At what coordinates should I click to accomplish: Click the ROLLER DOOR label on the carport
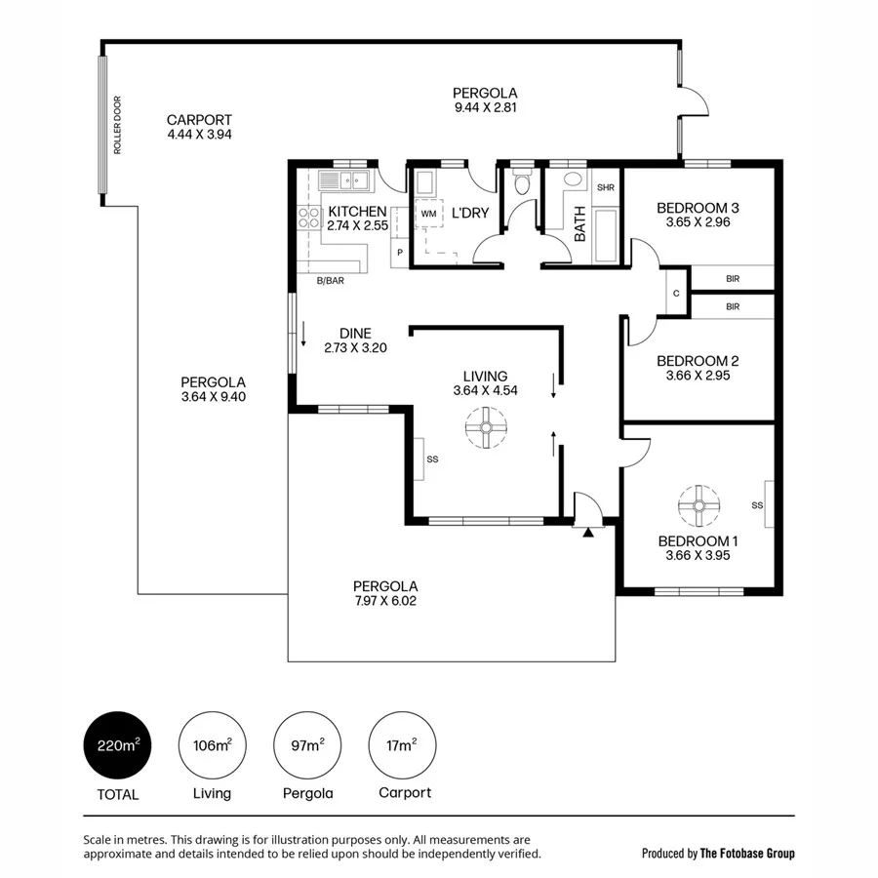pyautogui.click(x=117, y=125)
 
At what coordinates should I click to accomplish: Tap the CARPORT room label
pyautogui.click(x=199, y=121)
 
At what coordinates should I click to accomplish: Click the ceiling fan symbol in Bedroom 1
pyautogui.click(x=698, y=504)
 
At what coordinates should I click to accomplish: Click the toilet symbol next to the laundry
pyautogui.click(x=523, y=183)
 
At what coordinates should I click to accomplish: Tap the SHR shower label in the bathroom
pyautogui.click(x=605, y=187)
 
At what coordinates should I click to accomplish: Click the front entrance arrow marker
pyautogui.click(x=587, y=532)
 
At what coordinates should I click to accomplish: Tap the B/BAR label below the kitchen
pyautogui.click(x=331, y=281)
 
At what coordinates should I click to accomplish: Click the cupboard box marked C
pyautogui.click(x=675, y=294)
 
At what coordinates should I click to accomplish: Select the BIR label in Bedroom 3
pyautogui.click(x=733, y=279)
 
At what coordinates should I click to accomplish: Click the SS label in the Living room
pyautogui.click(x=432, y=459)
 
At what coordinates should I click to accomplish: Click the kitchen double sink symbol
pyautogui.click(x=346, y=180)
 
